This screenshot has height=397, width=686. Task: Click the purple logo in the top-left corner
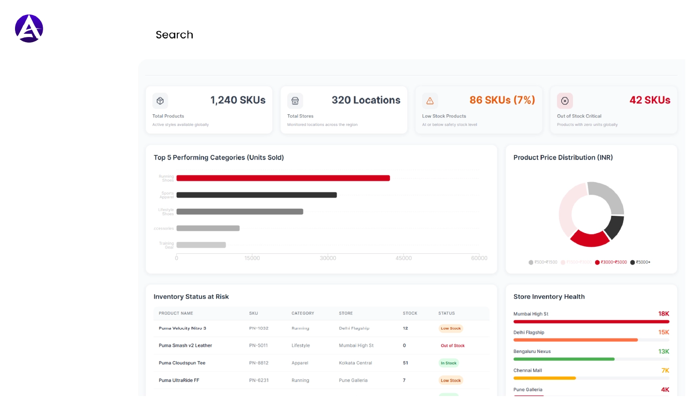coord(29,29)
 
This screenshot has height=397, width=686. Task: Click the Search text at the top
coord(174,35)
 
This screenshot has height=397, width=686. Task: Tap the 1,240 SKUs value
coord(238,100)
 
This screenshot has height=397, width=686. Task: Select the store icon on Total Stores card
coord(295,101)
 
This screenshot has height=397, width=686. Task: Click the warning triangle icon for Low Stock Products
coord(430,101)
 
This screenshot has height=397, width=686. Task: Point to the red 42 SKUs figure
coord(649,100)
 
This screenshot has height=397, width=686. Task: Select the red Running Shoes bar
coord(283,178)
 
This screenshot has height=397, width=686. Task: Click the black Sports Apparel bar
coord(256,195)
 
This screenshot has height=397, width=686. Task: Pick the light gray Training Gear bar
coord(201,245)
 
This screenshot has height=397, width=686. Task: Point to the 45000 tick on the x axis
coord(403,258)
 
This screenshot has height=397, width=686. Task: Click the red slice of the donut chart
coord(589,239)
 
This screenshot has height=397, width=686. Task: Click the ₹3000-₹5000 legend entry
coord(611,262)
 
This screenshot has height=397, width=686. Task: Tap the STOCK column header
coord(410,313)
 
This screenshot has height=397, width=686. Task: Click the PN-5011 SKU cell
coord(258,346)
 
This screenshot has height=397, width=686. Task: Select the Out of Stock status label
coord(452,346)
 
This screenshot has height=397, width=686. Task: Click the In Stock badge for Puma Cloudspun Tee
coord(448,363)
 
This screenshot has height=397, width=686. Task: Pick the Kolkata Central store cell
coord(355,363)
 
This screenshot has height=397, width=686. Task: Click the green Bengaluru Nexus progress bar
coord(564,359)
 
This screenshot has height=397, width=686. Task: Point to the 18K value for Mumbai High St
coord(663,314)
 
